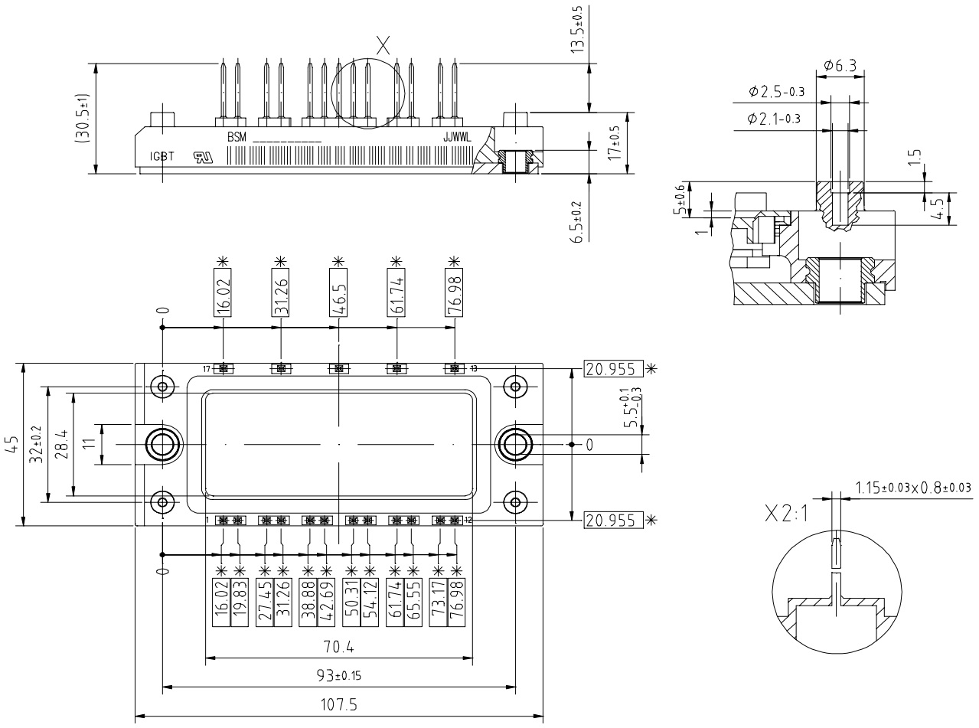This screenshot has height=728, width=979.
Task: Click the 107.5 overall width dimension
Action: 338,705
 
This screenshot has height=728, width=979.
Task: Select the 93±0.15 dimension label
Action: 338,676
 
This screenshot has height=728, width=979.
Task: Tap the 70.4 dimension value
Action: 338,647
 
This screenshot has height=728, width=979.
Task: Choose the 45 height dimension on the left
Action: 11,445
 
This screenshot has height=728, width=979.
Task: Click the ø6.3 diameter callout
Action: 841,66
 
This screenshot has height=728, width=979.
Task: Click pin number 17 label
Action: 206,369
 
